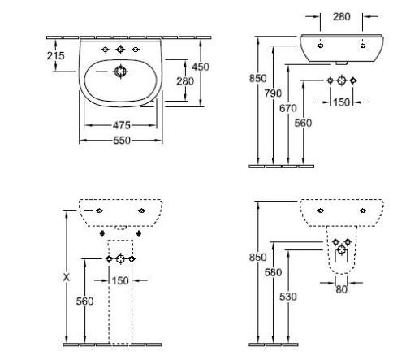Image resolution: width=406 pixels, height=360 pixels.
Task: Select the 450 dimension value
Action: (201, 67)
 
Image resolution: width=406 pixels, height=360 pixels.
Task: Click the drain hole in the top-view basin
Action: (120, 72)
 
